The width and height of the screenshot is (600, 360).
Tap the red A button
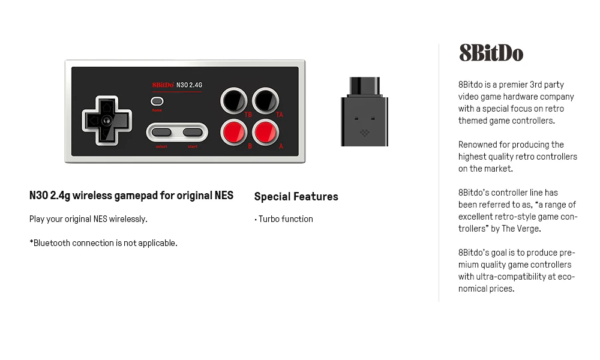pos(265,131)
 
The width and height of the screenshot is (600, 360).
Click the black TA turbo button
pos(265,100)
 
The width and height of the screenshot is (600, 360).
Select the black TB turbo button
pos(233,100)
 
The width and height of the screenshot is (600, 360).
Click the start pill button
pos(193,132)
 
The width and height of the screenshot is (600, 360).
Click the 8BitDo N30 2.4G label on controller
pos(177,85)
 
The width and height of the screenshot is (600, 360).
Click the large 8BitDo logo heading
pos(491,53)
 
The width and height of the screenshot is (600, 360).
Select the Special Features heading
pos(296,196)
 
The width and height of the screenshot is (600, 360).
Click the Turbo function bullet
pos(284,219)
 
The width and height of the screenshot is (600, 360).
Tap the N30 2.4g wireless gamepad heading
pos(131,196)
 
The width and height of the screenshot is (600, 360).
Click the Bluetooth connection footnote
pos(103,243)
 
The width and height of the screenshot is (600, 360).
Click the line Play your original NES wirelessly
pos(88,219)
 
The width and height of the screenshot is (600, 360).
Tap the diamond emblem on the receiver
pos(364,133)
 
